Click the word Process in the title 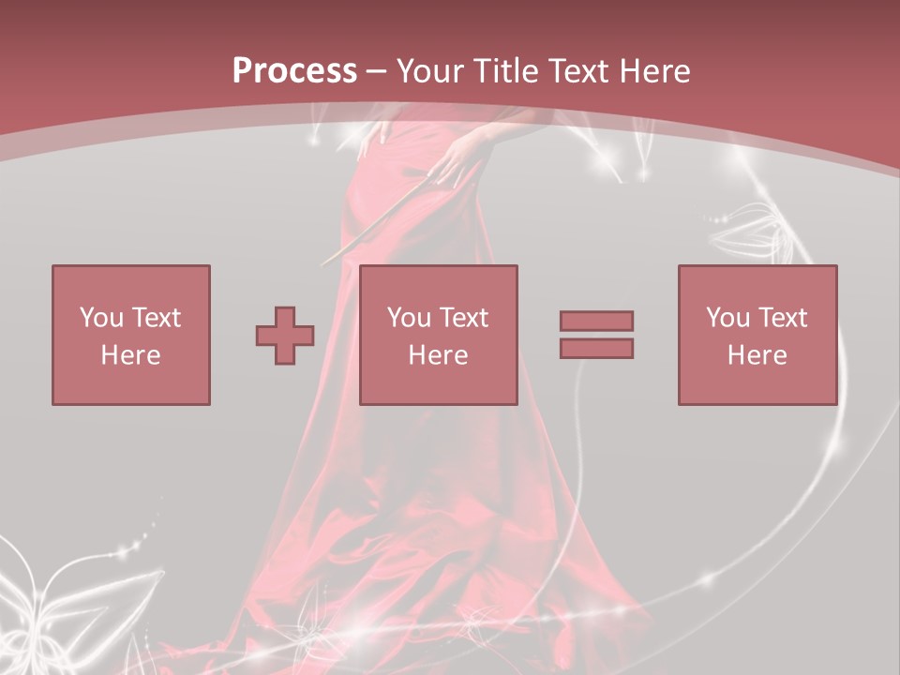(x=294, y=71)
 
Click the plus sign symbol (x=285, y=336)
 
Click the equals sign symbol (x=596, y=335)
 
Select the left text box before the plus (x=130, y=335)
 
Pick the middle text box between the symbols (x=438, y=335)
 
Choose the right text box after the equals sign (x=757, y=335)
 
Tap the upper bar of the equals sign (x=596, y=321)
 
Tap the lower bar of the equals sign (x=596, y=348)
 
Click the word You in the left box (x=99, y=318)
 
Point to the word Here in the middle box (x=438, y=355)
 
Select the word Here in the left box (x=130, y=355)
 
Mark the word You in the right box (x=727, y=318)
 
